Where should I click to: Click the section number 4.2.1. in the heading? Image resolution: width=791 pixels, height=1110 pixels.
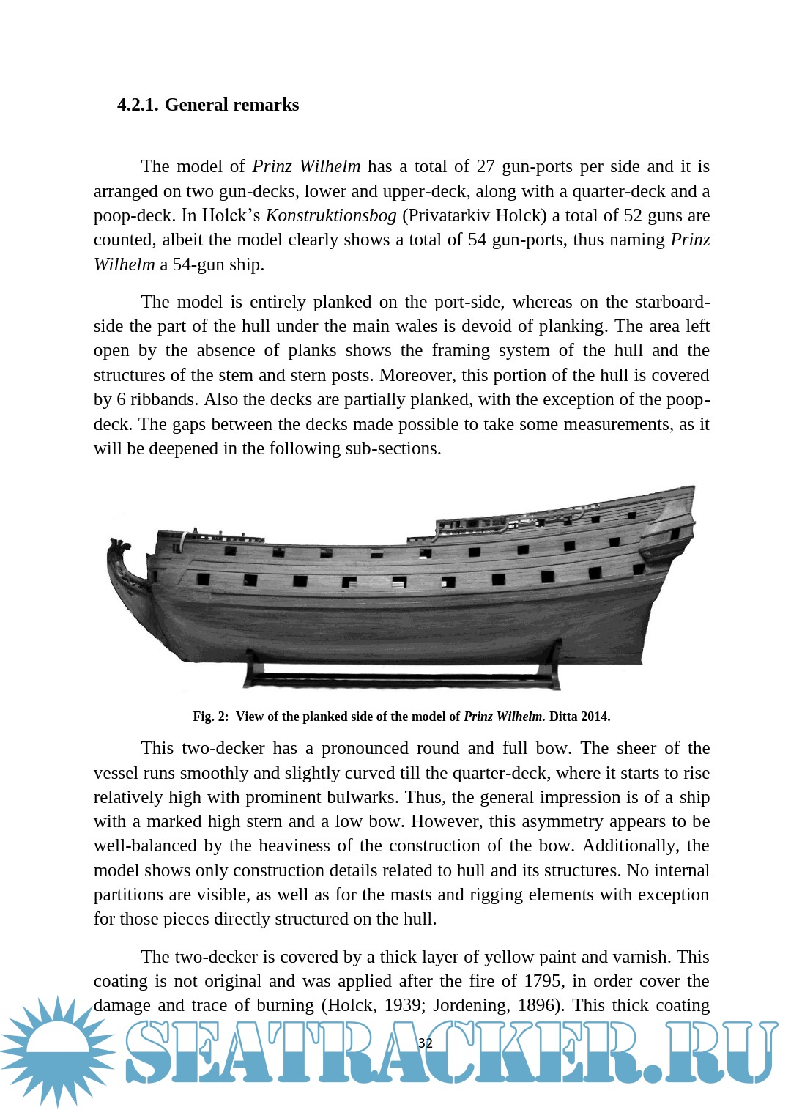pyautogui.click(x=137, y=105)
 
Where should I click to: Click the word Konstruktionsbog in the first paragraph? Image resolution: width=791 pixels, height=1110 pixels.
pyautogui.click(x=331, y=215)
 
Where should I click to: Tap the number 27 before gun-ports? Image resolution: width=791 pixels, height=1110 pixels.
pyautogui.click(x=486, y=166)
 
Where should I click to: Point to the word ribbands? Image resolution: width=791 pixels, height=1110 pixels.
pyautogui.click(x=162, y=400)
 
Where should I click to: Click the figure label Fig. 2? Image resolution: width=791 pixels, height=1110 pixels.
pyautogui.click(x=211, y=717)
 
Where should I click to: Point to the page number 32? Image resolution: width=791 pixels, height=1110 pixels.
pyautogui.click(x=425, y=1043)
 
